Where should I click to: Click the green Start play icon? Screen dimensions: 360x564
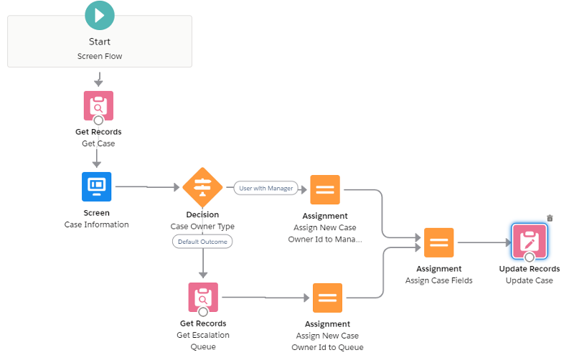99,14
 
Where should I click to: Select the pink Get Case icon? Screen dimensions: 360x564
98,105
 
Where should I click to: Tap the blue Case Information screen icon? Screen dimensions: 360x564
96,186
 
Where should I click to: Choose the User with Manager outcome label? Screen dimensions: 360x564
265,188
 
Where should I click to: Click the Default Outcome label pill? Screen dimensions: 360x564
202,242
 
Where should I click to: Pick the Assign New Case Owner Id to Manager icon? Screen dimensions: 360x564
325,189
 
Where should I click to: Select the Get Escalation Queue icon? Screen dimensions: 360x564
203,297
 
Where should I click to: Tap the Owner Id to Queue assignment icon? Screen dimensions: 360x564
327,298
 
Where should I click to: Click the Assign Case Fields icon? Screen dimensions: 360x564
438,242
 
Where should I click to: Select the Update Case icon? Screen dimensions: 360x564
530,241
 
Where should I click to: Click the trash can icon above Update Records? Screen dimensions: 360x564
550,218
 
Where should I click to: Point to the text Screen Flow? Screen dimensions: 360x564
100,56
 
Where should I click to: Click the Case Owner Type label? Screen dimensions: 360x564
202,227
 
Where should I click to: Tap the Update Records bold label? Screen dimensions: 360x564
530,269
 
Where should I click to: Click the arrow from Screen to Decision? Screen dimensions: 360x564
147,187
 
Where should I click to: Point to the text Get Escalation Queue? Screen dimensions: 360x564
203,341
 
